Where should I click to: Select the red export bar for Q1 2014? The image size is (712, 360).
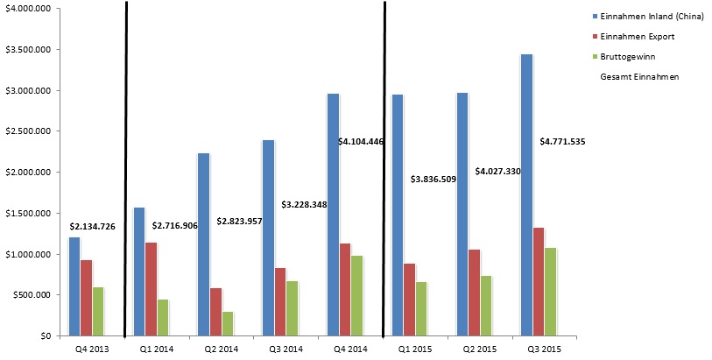pyautogui.click(x=151, y=289)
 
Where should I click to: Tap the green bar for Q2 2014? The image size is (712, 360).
pyautogui.click(x=227, y=323)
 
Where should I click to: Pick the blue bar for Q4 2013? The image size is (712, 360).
pyautogui.click(x=74, y=286)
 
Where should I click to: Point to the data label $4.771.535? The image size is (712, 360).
pyautogui.click(x=562, y=141)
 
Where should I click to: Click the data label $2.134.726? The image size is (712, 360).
pyautogui.click(x=92, y=227)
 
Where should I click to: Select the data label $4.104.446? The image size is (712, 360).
pyautogui.click(x=361, y=141)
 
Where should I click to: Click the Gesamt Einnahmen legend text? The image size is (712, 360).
pyautogui.click(x=640, y=77)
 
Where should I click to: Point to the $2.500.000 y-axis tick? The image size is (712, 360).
pyautogui.click(x=29, y=131)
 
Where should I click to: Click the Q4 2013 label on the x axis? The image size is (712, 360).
pyautogui.click(x=86, y=349)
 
